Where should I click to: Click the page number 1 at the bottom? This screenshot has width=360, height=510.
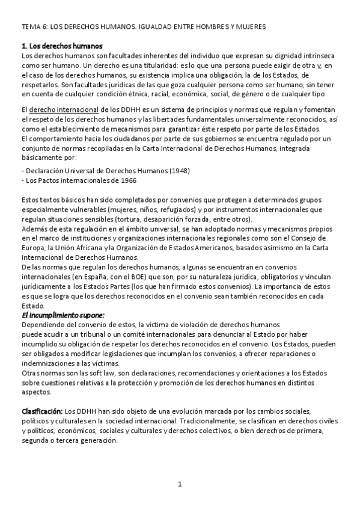(x=180, y=484)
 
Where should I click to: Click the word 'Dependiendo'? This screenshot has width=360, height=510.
(x=41, y=325)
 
